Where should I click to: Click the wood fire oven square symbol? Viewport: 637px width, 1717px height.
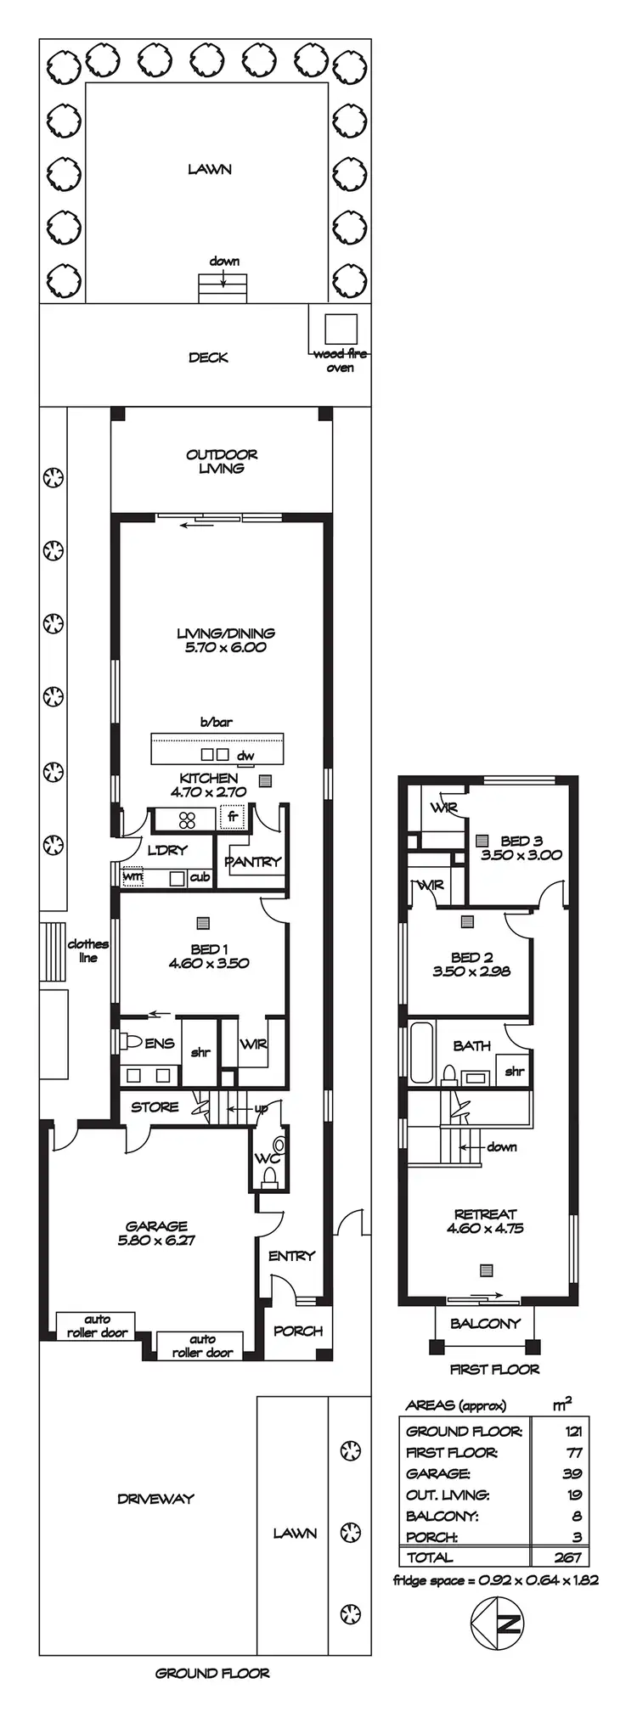(x=341, y=328)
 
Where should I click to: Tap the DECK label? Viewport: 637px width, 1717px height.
(x=208, y=357)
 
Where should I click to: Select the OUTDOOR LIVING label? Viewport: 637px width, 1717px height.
(x=222, y=461)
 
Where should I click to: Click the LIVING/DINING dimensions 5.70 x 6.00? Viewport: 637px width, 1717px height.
(x=226, y=647)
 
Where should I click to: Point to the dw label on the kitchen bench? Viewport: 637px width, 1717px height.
(x=245, y=756)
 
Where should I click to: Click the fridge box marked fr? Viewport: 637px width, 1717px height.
(x=232, y=818)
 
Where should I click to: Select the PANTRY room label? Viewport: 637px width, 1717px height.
(x=252, y=861)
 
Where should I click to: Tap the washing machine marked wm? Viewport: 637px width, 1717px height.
(x=132, y=876)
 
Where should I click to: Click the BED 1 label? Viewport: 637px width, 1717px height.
(x=209, y=949)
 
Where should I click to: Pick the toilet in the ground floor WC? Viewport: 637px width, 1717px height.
(x=270, y=1176)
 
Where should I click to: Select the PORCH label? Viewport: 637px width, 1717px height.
(x=298, y=1331)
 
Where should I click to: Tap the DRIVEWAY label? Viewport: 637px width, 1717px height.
(x=155, y=1499)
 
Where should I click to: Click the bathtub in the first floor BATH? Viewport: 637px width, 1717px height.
(x=421, y=1052)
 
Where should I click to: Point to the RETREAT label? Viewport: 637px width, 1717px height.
(x=485, y=1214)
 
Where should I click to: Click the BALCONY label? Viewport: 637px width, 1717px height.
(x=485, y=1323)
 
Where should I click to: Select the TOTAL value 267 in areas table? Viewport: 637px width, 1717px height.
(x=567, y=1557)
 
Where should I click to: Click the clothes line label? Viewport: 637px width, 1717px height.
(x=88, y=950)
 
